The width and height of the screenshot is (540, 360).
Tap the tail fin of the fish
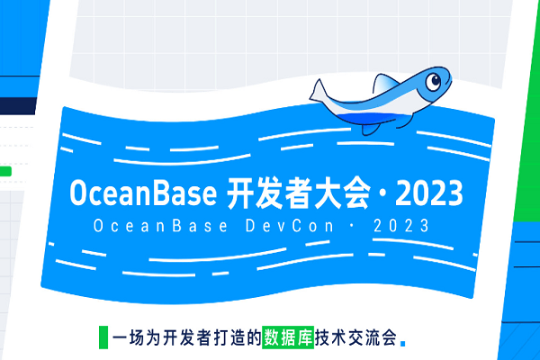point(322,92)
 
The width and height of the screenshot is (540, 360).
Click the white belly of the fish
point(396,110)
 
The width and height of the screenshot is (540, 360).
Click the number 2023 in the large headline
point(429,193)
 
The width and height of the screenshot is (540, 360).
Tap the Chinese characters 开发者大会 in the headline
point(287,193)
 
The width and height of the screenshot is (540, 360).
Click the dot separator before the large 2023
point(382,193)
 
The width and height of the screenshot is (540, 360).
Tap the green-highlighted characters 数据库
point(286,338)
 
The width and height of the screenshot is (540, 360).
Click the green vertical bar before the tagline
point(102,337)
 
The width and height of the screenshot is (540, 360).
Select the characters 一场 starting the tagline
point(127,338)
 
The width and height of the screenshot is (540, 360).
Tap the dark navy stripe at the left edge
point(18,105)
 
